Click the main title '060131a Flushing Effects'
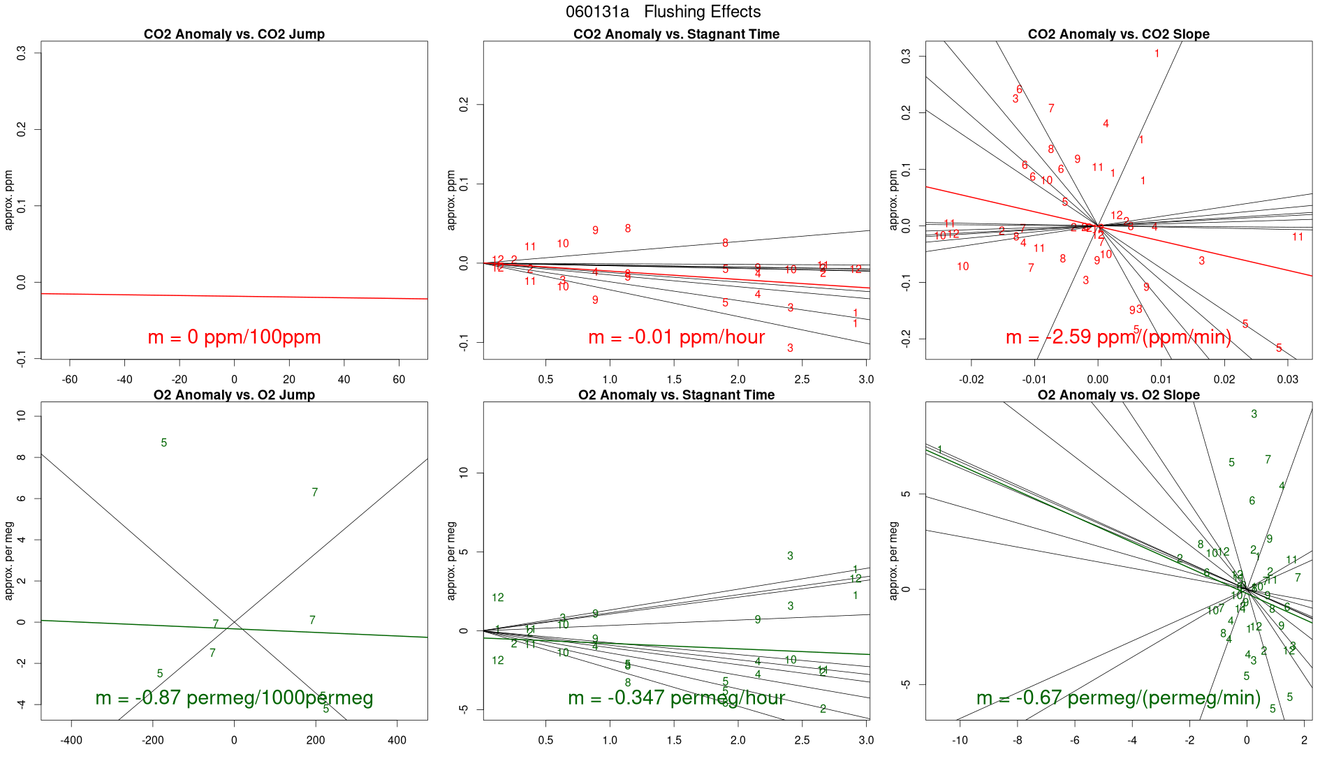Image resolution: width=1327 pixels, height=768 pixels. pyautogui.click(x=663, y=12)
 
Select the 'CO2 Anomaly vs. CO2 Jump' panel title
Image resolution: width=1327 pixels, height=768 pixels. pyautogui.click(x=234, y=34)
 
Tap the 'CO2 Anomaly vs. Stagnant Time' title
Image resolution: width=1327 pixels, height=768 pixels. pyautogui.click(x=676, y=34)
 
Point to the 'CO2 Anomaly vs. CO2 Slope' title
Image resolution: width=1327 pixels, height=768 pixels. pyautogui.click(x=1118, y=34)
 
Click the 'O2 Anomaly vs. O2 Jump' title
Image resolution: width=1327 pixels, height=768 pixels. pyautogui.click(x=234, y=395)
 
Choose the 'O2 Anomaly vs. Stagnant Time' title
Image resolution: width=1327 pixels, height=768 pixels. pyautogui.click(x=676, y=395)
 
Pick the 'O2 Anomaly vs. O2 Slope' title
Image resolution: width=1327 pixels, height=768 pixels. pyautogui.click(x=1118, y=395)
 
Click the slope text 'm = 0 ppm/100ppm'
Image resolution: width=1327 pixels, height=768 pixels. pyautogui.click(x=234, y=337)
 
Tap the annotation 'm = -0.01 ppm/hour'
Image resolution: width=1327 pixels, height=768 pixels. pyautogui.click(x=676, y=337)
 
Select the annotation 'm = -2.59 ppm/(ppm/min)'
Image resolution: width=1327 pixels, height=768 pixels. pyautogui.click(x=1118, y=337)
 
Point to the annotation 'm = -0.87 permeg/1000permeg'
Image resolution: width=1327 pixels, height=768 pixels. pyautogui.click(x=234, y=697)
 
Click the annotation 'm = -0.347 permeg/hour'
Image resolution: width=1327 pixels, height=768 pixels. pyautogui.click(x=676, y=697)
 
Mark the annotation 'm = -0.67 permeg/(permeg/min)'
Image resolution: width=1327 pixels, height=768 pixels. pyautogui.click(x=1118, y=697)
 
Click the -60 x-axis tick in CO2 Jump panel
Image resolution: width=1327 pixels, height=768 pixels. pyautogui.click(x=70, y=380)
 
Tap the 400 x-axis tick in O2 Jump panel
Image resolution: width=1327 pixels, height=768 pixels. pyautogui.click(x=397, y=740)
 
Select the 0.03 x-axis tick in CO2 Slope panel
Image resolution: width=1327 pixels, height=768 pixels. pyautogui.click(x=1287, y=380)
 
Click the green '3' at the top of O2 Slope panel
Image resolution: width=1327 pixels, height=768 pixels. pyautogui.click(x=1254, y=414)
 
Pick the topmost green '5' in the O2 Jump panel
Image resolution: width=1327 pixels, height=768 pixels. pyautogui.click(x=164, y=443)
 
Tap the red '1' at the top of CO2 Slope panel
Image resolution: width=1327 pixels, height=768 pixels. pyautogui.click(x=1157, y=54)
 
